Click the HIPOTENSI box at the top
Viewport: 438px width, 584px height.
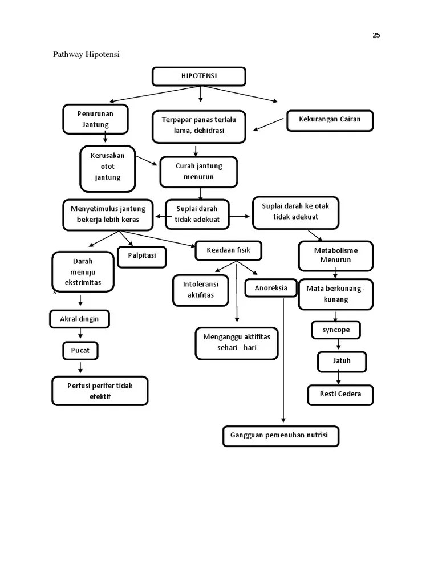point(199,76)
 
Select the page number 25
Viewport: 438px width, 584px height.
point(376,35)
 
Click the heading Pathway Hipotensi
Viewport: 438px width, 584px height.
point(86,55)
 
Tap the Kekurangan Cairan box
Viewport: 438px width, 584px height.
point(330,120)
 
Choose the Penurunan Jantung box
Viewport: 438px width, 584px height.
point(95,119)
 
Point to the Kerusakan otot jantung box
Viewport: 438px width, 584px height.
point(108,167)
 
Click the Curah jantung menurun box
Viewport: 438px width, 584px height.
point(198,172)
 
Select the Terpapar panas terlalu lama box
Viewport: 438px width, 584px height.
point(198,125)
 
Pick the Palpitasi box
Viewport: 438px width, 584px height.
point(142,256)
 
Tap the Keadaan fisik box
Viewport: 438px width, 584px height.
point(229,250)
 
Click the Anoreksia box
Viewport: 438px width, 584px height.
point(271,288)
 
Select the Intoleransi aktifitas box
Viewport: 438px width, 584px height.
point(200,290)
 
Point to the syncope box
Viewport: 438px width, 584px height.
point(336,330)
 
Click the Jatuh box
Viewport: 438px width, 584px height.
point(342,361)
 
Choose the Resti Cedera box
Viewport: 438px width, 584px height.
point(340,394)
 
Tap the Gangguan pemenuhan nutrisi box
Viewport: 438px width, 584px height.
point(279,436)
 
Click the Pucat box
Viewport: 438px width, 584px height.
point(80,351)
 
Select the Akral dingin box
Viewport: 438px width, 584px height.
point(79,319)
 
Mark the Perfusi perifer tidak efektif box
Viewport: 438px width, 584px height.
point(100,391)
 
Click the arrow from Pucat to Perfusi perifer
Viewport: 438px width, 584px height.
point(80,368)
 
